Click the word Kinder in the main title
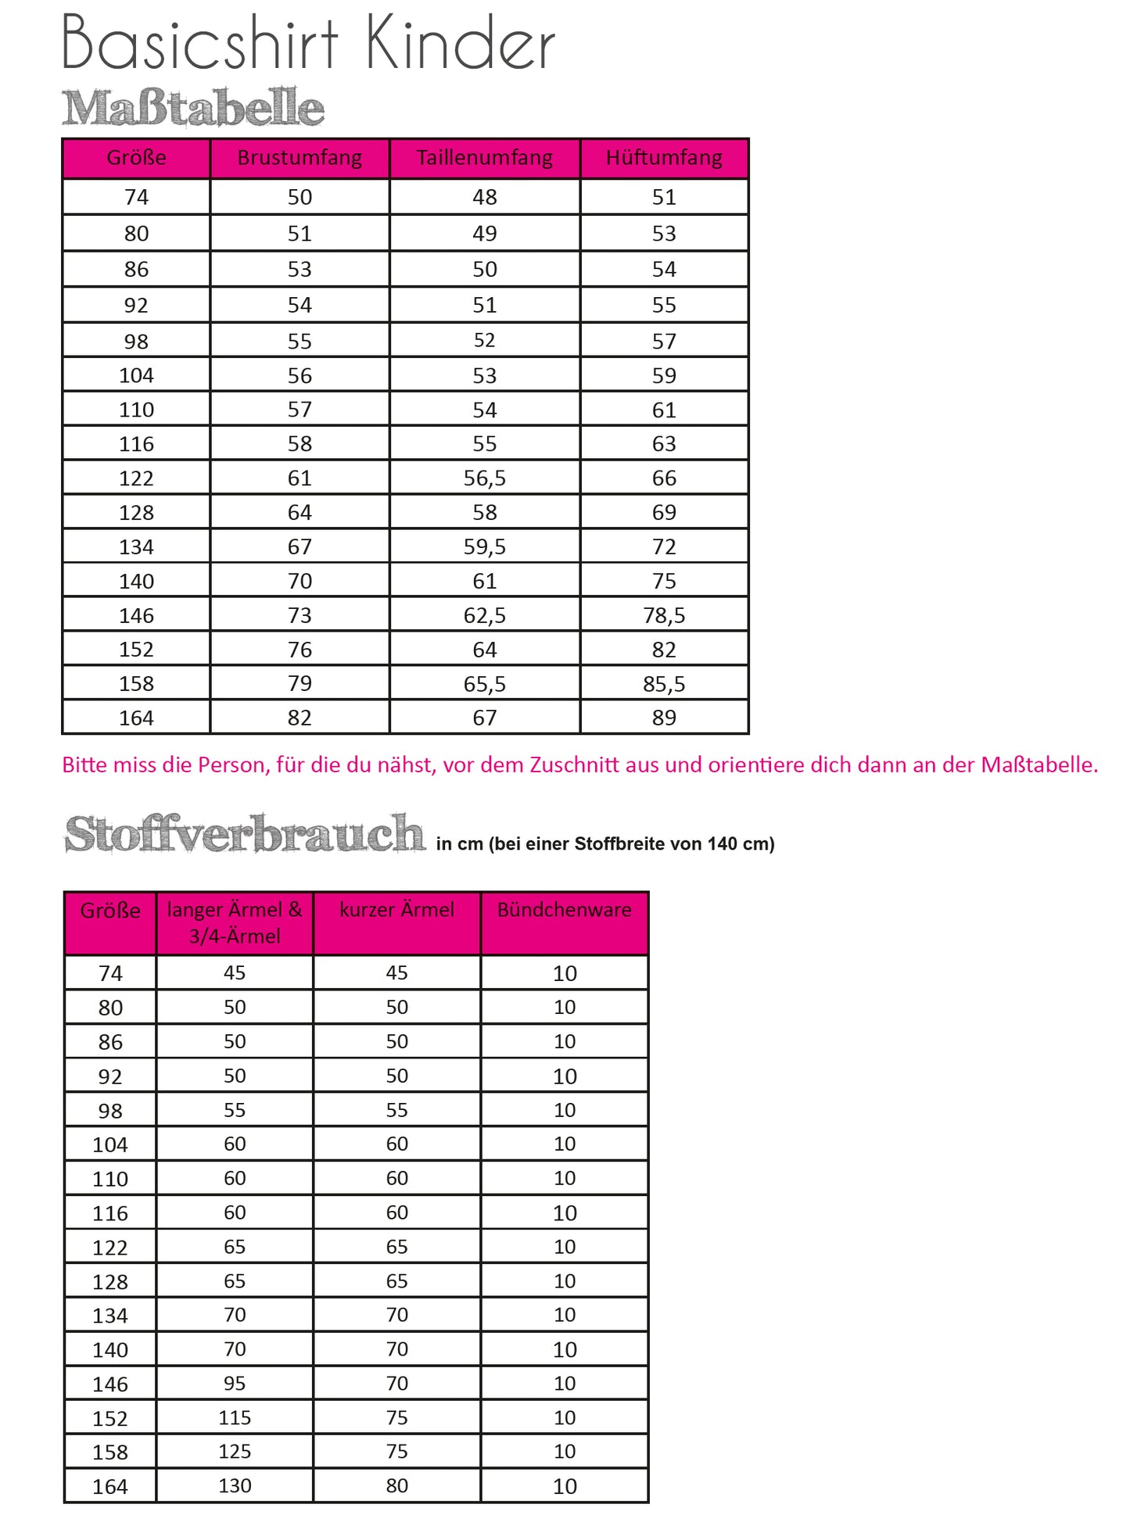460,44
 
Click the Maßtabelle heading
192,108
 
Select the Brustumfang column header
300,158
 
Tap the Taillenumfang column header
484,158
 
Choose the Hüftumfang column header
664,158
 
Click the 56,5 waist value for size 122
484,478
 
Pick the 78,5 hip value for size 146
664,616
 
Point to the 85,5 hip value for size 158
664,685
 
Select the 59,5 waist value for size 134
484,547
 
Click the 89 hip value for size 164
664,718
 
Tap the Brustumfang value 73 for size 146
300,616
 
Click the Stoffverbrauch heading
245,834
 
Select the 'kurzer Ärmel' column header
396,910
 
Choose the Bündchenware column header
564,910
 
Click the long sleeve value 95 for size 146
235,1384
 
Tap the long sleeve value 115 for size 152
235,1418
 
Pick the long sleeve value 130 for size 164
235,1486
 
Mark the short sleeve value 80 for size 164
396,1486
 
